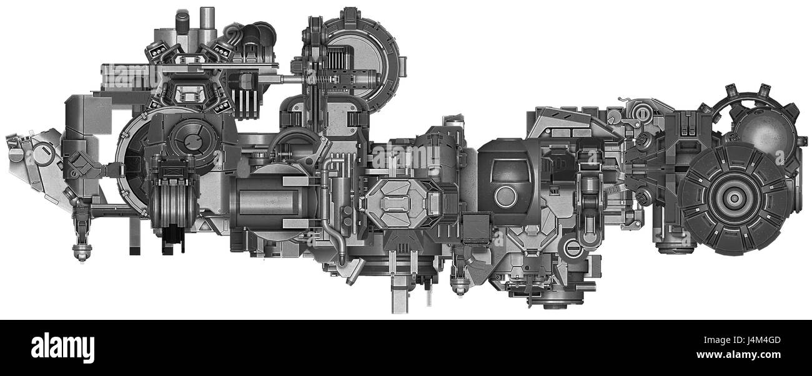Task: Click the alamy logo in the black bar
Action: [x=62, y=347]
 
